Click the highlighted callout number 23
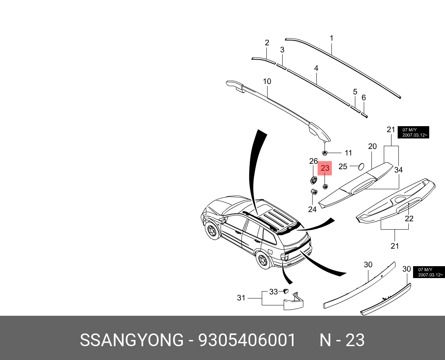point(325,168)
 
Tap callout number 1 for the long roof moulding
point(331,38)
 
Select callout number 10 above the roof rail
point(267,81)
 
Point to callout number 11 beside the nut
point(348,153)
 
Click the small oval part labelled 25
point(361,167)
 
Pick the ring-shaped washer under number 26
point(313,180)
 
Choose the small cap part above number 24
point(313,192)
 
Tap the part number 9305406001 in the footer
point(247,340)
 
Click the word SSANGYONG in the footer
point(132,340)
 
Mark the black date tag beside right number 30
point(429,272)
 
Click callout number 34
point(398,170)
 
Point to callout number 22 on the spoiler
point(409,218)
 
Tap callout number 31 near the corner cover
point(241,298)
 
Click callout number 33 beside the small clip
point(273,292)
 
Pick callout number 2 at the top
point(267,43)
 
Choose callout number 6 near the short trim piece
point(364,98)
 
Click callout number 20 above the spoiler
point(372,146)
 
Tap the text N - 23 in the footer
point(342,340)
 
